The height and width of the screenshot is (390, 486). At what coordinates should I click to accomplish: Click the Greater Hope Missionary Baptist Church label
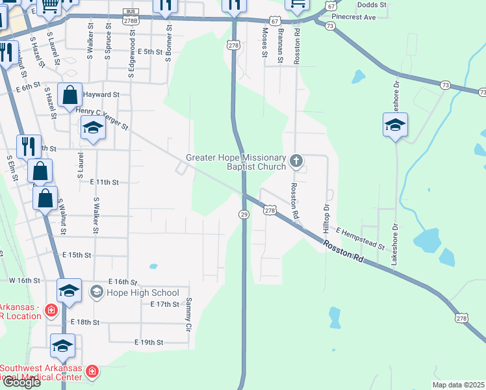coord(236,162)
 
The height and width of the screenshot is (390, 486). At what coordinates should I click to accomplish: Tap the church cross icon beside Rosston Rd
coord(296,160)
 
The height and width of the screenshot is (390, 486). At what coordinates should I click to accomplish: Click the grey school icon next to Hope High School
coord(96,292)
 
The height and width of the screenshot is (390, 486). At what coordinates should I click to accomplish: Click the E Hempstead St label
coord(361,239)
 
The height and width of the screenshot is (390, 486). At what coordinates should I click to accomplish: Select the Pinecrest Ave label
coord(353,18)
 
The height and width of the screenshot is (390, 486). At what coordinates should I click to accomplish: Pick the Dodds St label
coord(372,5)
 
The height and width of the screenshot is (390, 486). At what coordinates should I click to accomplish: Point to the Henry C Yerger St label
coord(102,118)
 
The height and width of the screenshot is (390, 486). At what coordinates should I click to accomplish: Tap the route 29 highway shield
coord(244,214)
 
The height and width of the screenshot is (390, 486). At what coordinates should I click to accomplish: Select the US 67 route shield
coord(275,21)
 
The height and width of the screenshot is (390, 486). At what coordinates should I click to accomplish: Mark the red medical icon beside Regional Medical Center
coord(92,372)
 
